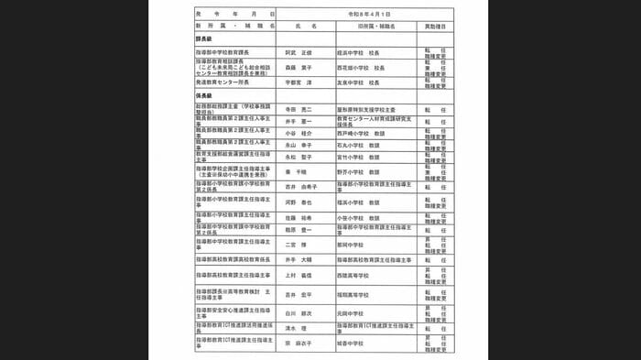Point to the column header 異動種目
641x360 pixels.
(434, 27)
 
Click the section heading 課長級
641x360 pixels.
(204, 42)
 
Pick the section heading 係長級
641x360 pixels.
(204, 96)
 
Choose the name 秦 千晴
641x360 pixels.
(294, 171)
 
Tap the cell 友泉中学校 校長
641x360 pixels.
(365, 82)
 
